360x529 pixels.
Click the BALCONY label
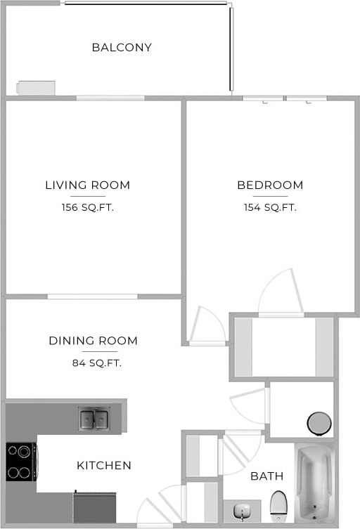coord(122,48)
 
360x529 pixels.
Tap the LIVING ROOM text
coord(87,185)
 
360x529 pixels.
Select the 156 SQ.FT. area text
coord(87,207)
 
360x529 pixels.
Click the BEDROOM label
coord(270,185)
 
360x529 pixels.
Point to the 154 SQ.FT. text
coord(270,207)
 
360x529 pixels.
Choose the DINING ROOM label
coord(93,341)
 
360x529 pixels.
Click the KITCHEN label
coord(104,465)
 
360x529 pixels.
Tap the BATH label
coord(267,476)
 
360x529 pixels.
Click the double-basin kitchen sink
coord(94,419)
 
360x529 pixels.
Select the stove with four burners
coord(21,462)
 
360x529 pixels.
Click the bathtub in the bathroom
coord(314,482)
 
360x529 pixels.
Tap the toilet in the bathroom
coord(278,504)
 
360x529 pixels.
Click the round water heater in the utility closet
coord(319,423)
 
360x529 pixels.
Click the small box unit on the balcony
coord(36,88)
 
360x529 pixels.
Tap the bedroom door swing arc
coord(281,292)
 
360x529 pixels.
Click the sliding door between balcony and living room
coord(110,98)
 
